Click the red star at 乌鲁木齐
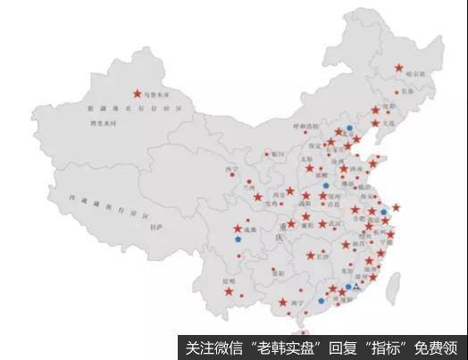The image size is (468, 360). [138, 92]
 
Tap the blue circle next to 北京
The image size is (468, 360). [350, 128]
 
